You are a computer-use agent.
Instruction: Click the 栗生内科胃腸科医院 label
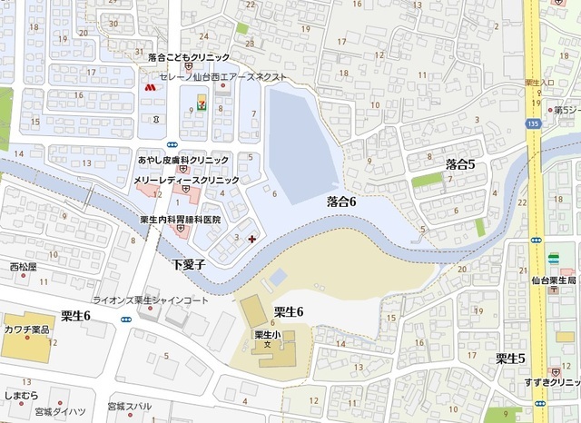click(181, 221)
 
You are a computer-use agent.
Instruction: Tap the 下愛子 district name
click(191, 265)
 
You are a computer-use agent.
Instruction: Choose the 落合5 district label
click(460, 163)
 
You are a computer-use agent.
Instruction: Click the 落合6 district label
click(340, 202)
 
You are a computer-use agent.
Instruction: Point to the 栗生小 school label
click(264, 333)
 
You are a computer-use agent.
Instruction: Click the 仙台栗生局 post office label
click(555, 281)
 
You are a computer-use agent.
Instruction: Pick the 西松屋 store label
click(23, 267)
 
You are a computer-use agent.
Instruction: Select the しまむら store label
click(21, 396)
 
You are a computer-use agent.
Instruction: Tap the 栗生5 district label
click(511, 359)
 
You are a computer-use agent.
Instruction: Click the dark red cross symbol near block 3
click(251, 239)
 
